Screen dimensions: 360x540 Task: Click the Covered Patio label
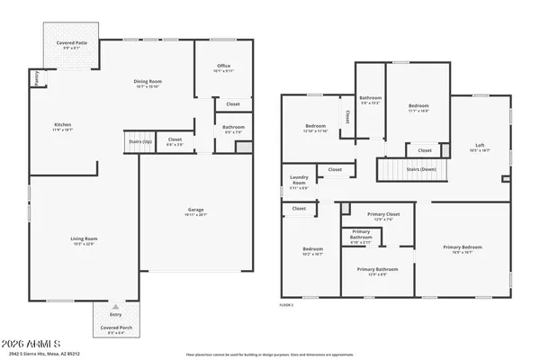(x=68, y=43)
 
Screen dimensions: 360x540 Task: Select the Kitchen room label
(x=62, y=125)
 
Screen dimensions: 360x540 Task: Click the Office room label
(x=223, y=67)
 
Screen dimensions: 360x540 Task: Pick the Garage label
(x=196, y=210)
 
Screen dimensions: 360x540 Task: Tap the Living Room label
(x=84, y=238)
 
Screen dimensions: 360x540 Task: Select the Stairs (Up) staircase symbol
(x=139, y=144)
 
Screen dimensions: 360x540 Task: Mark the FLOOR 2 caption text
(x=286, y=305)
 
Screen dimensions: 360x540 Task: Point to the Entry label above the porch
(x=116, y=314)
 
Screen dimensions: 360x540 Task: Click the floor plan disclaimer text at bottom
(x=270, y=354)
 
